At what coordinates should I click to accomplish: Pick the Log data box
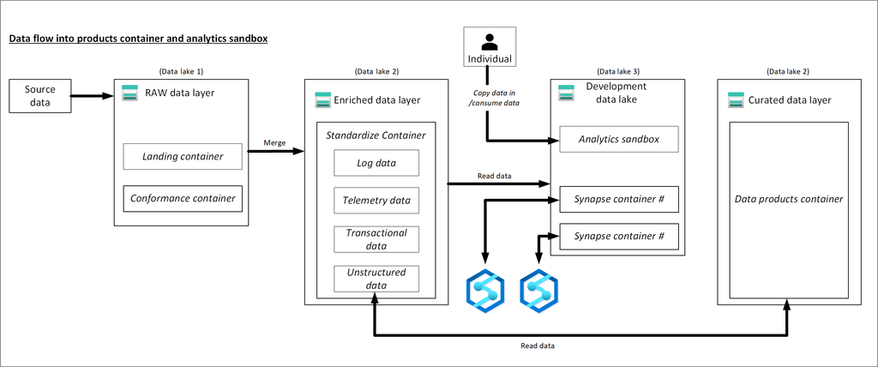click(x=376, y=163)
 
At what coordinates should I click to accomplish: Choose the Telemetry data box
click(x=376, y=202)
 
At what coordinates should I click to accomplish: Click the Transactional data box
click(x=376, y=239)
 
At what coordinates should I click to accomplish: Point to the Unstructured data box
click(x=376, y=279)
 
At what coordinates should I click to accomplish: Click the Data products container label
click(x=789, y=199)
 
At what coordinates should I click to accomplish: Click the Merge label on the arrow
click(x=275, y=142)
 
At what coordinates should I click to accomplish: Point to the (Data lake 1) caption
click(x=181, y=71)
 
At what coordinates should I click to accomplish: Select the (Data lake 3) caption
click(x=617, y=71)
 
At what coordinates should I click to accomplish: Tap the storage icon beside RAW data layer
click(x=129, y=93)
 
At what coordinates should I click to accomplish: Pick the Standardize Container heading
click(x=376, y=135)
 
